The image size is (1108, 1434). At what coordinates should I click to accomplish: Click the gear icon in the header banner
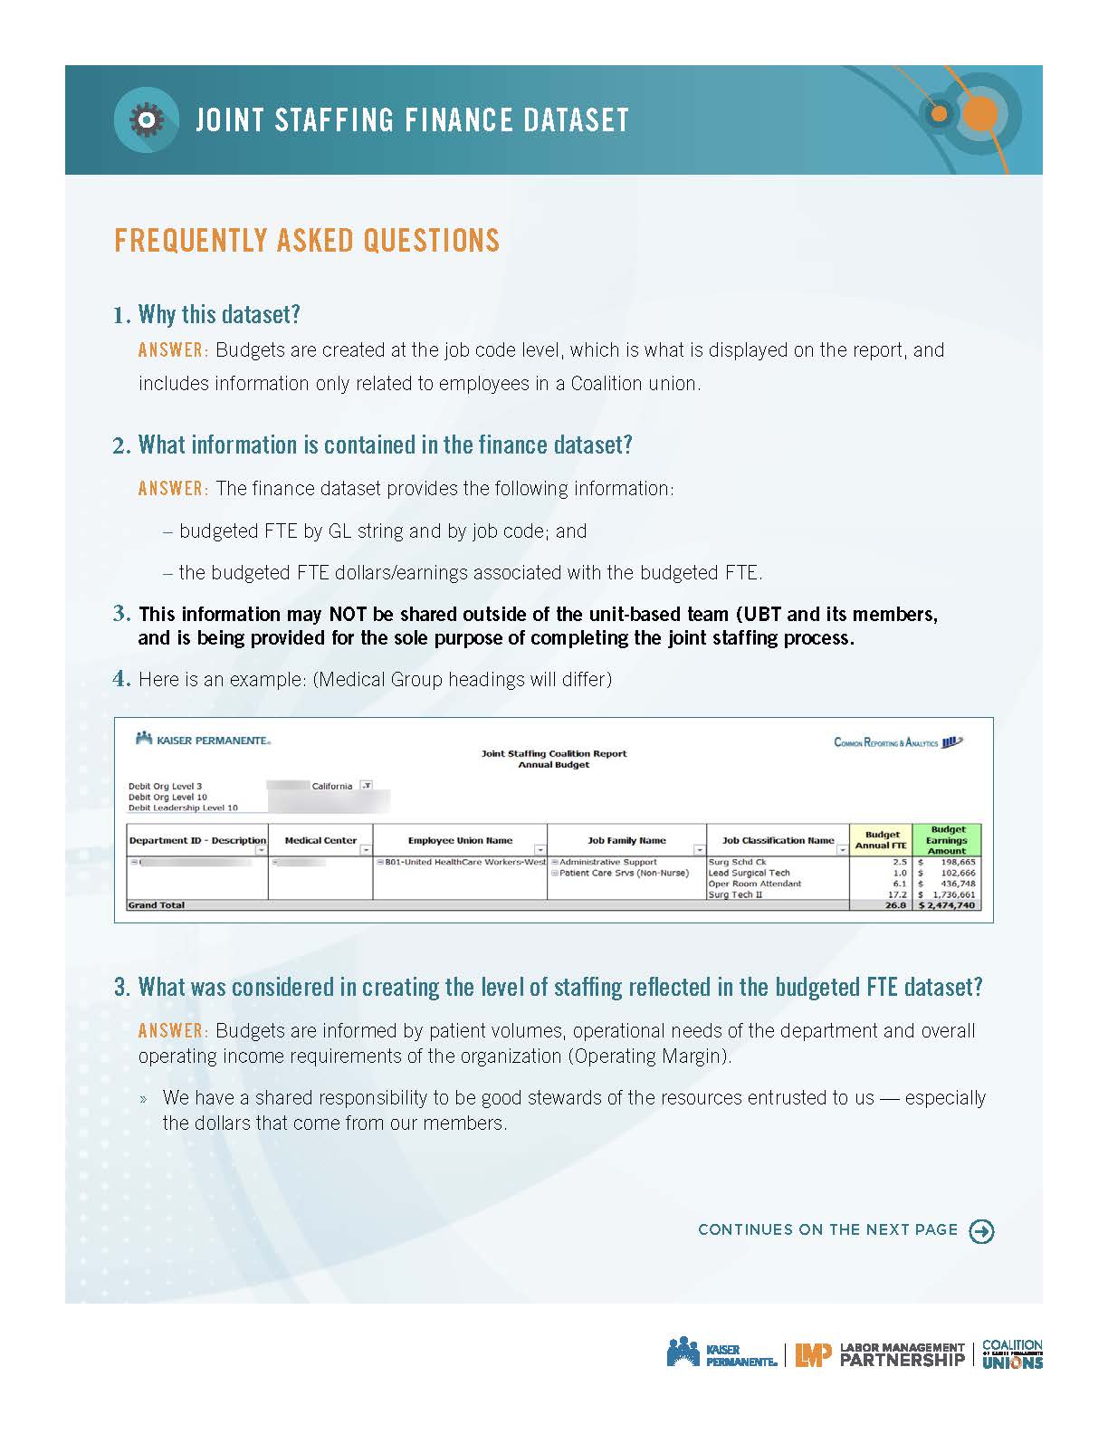tap(145, 119)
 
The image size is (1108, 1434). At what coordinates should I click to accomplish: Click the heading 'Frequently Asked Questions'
tap(307, 240)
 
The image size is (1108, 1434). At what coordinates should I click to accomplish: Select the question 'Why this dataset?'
tap(218, 314)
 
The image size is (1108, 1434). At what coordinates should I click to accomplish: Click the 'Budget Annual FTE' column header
tap(882, 840)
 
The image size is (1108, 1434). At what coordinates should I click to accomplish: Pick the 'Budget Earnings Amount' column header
tap(948, 840)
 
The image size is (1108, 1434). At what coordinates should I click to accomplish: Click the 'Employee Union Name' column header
tap(460, 840)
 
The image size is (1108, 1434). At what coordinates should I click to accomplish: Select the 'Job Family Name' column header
tap(626, 840)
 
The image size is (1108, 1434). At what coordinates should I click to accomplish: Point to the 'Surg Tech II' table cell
tap(735, 894)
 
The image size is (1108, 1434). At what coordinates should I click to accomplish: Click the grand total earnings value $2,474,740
tap(947, 905)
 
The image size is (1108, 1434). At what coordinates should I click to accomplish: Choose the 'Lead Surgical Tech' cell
tap(749, 873)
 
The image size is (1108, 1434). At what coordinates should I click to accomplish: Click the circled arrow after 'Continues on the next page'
tap(981, 1231)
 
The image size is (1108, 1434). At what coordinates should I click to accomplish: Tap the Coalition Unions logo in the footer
tap(1012, 1354)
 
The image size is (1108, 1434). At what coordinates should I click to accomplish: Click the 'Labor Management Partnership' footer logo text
tap(903, 1354)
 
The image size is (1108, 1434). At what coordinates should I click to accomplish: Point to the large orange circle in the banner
tap(979, 115)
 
